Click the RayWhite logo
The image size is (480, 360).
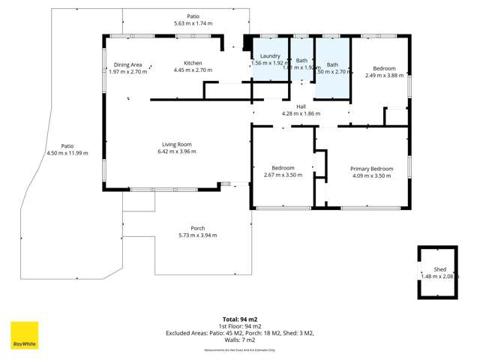[x=24, y=335]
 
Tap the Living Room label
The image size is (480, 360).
[x=177, y=144]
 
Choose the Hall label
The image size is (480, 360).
[x=301, y=106]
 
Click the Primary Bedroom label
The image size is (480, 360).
[x=371, y=169]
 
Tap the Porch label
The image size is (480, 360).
[x=197, y=228]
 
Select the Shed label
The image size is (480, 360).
[x=439, y=269]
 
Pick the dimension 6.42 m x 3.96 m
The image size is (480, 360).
[x=177, y=151]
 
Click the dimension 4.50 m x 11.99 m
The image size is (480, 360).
[x=67, y=153]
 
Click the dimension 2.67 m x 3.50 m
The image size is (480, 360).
[x=283, y=175]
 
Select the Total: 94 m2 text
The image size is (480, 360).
[x=240, y=319]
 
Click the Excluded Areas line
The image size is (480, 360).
[x=240, y=333]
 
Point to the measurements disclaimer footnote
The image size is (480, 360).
[x=240, y=349]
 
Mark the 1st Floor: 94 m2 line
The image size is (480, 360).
[x=240, y=326]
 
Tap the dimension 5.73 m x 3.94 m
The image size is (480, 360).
[x=197, y=235]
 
